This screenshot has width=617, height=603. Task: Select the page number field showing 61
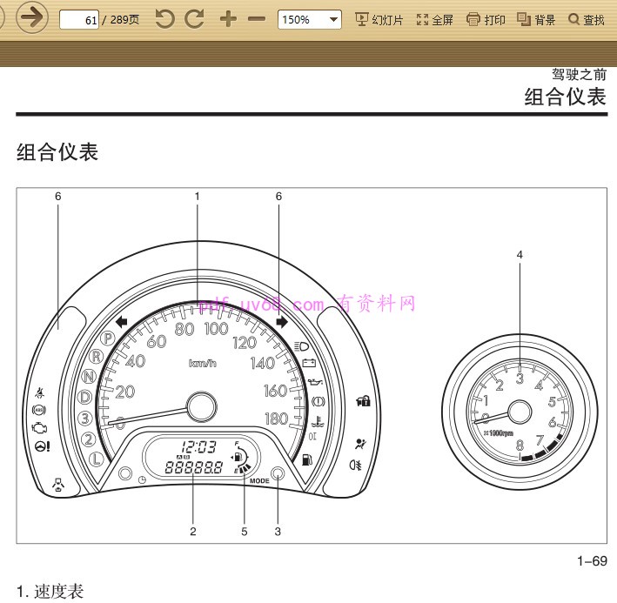tap(78, 19)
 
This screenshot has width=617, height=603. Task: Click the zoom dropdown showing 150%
tap(309, 19)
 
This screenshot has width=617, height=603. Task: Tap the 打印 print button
tap(486, 19)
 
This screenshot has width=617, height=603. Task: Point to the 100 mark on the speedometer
tap(216, 329)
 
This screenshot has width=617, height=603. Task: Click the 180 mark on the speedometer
tap(276, 419)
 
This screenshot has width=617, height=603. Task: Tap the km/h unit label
tap(202, 363)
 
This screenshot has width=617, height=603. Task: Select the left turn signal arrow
tap(121, 322)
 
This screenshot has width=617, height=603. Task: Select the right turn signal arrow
tap(281, 322)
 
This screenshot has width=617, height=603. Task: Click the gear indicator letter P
tap(109, 338)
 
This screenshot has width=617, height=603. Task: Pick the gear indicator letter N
tap(89, 377)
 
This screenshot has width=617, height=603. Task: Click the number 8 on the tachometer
tap(520, 446)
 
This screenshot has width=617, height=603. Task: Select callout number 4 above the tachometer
tap(520, 255)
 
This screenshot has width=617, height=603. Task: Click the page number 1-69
tap(592, 561)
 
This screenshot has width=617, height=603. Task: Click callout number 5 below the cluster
tap(244, 531)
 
